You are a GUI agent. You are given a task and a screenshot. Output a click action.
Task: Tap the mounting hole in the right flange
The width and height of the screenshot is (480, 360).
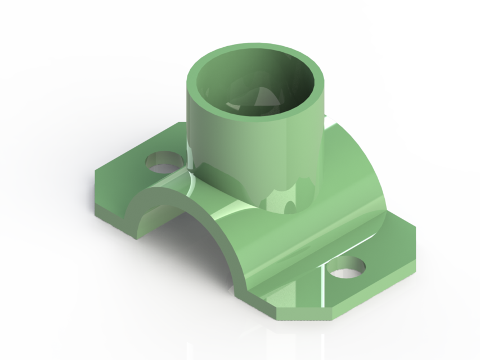(347, 267)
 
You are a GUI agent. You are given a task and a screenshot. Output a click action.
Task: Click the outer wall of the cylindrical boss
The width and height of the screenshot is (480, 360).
(236, 146)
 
